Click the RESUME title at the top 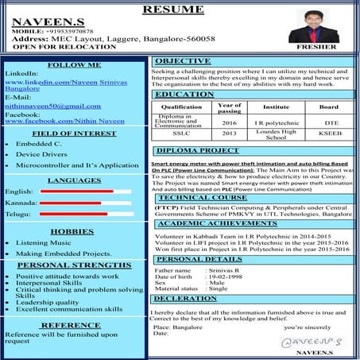179,10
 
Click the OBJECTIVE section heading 182,61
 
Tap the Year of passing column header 229,108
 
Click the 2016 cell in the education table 229,123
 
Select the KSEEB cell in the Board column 329,135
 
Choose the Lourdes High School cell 276,135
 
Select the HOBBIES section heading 72,231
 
